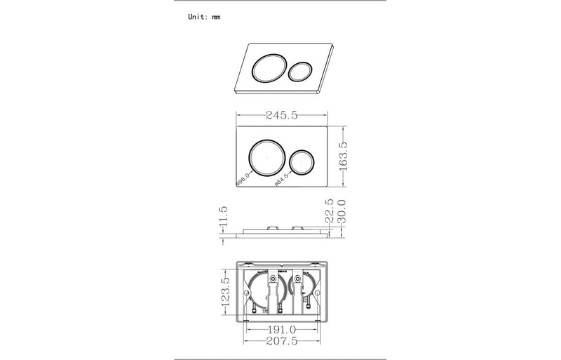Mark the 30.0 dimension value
coord(343,211)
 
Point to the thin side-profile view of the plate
coord(284,232)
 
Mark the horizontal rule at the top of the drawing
coord(280,1)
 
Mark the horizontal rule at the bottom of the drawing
coord(280,358)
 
